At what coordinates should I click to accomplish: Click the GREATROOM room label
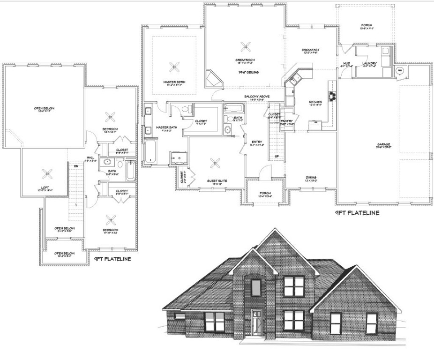(245, 60)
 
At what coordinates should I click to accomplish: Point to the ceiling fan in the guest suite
(215, 163)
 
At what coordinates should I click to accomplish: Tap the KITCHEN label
(315, 102)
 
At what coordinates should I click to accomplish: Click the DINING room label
(311, 177)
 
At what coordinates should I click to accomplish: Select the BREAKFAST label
(310, 50)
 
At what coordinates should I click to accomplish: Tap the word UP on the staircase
(277, 156)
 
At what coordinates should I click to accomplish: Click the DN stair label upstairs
(76, 166)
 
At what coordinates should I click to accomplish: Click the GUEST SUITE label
(217, 180)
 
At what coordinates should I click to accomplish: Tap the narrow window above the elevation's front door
(256, 286)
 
